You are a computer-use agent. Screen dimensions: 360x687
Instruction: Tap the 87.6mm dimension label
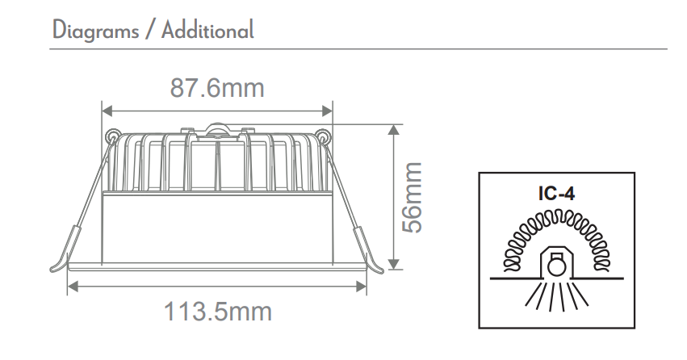point(217,87)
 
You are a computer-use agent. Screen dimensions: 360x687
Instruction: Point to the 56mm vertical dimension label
point(413,197)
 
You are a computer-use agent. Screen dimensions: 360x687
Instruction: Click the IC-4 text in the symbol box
point(555,195)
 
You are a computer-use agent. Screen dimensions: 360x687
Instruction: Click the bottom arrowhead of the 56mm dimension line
point(393,265)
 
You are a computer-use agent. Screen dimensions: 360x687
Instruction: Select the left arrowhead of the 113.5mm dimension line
point(73,284)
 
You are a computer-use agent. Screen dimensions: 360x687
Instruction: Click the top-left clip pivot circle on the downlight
point(111,136)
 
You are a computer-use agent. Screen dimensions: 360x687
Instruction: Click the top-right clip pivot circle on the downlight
point(323,136)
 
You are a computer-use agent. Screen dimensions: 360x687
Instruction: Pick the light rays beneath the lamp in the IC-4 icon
point(555,297)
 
